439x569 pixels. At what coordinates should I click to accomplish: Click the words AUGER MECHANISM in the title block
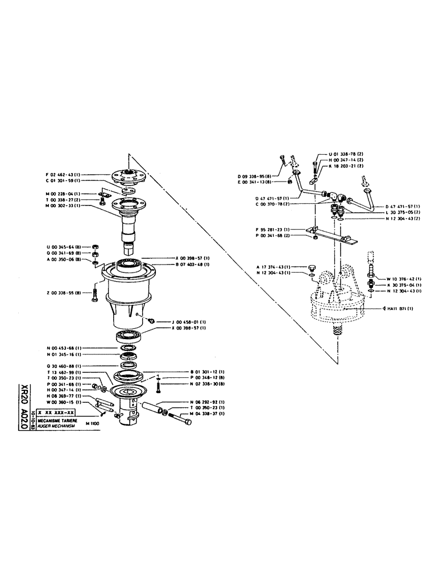[x=57, y=424]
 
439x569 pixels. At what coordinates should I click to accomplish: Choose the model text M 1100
[x=93, y=424]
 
